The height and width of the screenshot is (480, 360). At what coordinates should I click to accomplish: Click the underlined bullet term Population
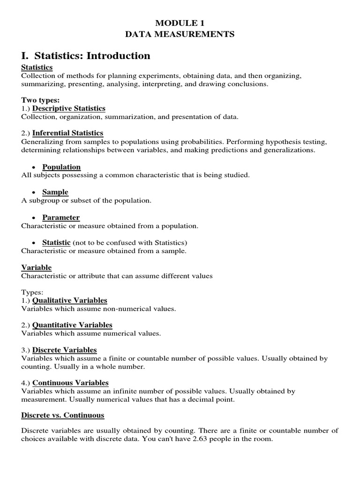[61, 167]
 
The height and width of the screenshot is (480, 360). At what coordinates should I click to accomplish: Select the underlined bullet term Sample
[55, 192]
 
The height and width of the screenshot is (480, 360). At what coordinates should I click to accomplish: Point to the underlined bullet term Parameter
[61, 217]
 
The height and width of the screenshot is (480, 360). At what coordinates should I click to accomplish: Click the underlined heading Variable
[37, 268]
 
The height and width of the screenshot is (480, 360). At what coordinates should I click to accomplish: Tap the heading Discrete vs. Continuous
[63, 415]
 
